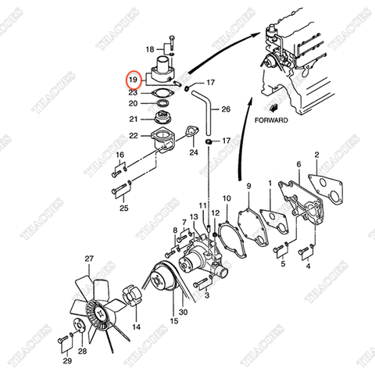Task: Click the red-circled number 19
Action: [x=134, y=79]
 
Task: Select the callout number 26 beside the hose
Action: [x=226, y=109]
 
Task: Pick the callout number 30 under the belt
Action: [x=183, y=312]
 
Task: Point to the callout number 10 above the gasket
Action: [x=227, y=198]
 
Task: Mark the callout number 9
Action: [x=248, y=186]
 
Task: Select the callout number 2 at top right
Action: [x=316, y=155]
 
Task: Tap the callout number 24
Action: [x=193, y=153]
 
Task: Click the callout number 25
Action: [x=123, y=208]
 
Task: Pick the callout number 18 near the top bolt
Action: [x=152, y=49]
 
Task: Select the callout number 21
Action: [x=134, y=120]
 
